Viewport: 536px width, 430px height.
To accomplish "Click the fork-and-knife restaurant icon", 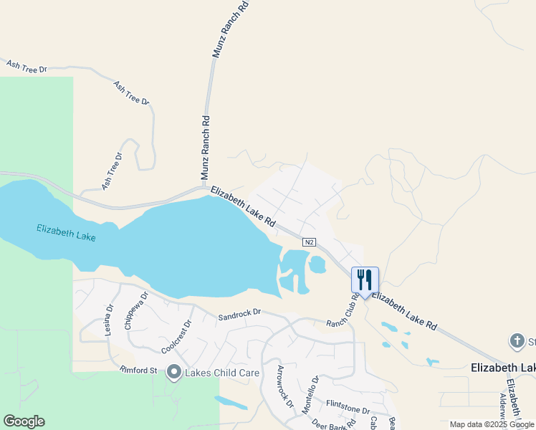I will click(365, 279).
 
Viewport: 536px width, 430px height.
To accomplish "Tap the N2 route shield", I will click(309, 243).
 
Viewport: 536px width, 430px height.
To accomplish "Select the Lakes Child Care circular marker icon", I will click(174, 372).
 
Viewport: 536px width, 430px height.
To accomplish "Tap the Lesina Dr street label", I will click(110, 319).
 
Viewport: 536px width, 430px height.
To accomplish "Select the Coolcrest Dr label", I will click(177, 335).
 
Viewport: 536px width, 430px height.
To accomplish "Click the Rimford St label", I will click(138, 370).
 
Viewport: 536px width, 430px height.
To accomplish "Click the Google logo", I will click(24, 421).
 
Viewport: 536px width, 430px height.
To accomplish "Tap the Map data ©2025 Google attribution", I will click(492, 424).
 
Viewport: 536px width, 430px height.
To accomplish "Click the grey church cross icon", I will click(517, 341).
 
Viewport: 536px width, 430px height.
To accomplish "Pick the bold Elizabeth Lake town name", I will click(502, 368).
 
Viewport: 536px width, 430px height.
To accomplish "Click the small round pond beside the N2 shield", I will click(316, 265).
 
